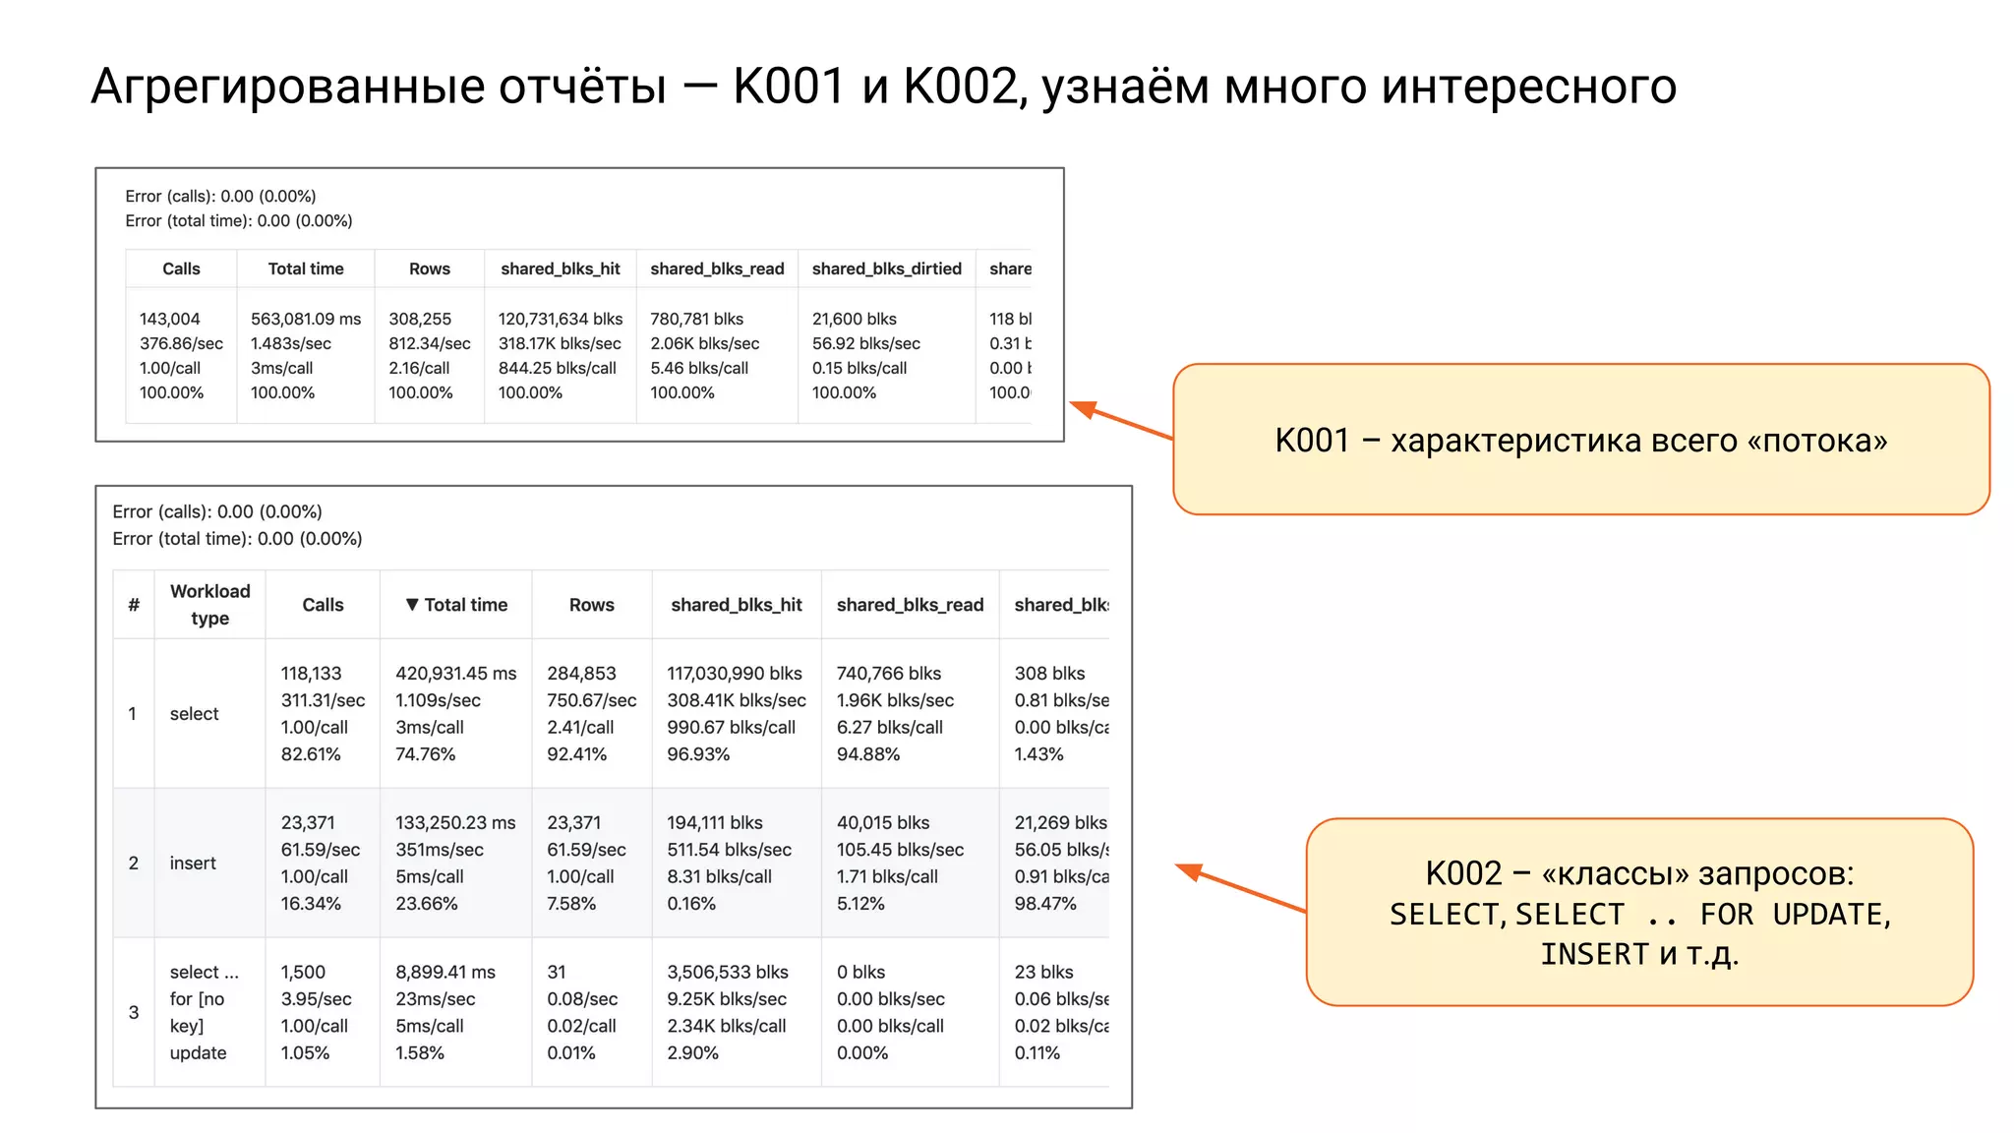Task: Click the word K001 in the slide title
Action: [x=789, y=87]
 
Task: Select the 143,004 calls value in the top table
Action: [x=169, y=319]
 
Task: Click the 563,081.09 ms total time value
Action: [x=306, y=319]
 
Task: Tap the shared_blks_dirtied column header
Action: [x=886, y=268]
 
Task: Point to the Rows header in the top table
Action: [x=429, y=268]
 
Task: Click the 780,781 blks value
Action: [x=696, y=319]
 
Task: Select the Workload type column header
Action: [x=209, y=604]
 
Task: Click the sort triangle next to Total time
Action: [x=412, y=604]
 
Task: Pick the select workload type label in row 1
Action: [x=194, y=713]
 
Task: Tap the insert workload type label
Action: [x=193, y=863]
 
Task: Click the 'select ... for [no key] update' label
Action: [x=204, y=1012]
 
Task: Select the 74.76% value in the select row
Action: [x=425, y=754]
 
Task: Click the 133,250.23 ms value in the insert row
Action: [x=455, y=822]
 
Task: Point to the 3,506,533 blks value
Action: [x=728, y=972]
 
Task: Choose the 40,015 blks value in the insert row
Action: [x=883, y=822]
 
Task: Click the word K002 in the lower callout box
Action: [x=1463, y=873]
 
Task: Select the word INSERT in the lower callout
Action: [x=1594, y=954]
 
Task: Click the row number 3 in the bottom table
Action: [x=134, y=1012]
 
